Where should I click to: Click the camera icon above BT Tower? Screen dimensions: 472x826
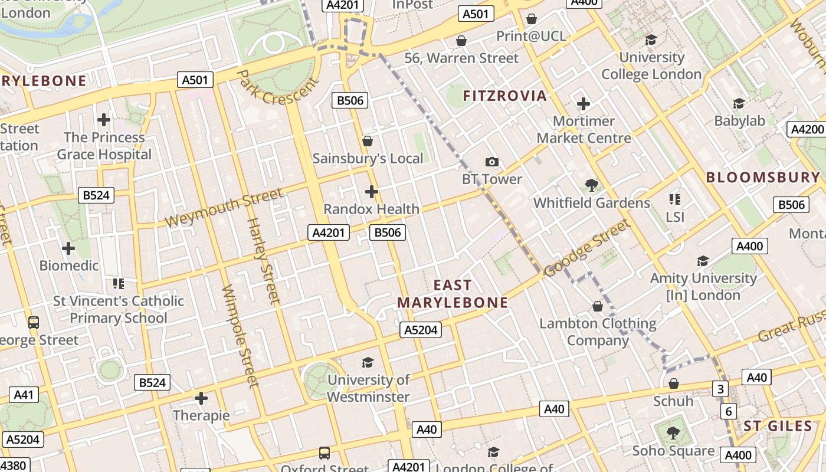click(x=491, y=162)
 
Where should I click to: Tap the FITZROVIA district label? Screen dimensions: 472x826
click(x=505, y=96)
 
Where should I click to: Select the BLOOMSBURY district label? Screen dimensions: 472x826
click(x=763, y=178)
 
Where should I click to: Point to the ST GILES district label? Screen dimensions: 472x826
click(x=778, y=426)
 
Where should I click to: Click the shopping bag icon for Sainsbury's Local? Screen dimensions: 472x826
click(x=368, y=141)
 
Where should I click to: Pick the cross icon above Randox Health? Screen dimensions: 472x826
click(x=371, y=192)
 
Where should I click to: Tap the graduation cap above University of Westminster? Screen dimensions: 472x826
click(x=368, y=362)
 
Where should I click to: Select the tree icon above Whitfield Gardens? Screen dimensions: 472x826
click(x=591, y=186)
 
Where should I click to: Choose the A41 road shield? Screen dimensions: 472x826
click(x=24, y=395)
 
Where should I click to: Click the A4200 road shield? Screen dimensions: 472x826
click(x=807, y=129)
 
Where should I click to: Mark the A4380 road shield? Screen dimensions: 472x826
click(x=13, y=466)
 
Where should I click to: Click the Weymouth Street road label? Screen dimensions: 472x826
click(x=224, y=208)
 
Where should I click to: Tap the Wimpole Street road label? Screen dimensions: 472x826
click(x=240, y=336)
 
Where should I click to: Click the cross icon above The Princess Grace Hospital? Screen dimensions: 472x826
click(x=104, y=120)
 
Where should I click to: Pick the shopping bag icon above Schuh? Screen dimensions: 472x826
click(x=673, y=383)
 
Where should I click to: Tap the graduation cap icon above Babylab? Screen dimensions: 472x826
click(x=739, y=104)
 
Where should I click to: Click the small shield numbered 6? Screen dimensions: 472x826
click(x=729, y=411)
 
